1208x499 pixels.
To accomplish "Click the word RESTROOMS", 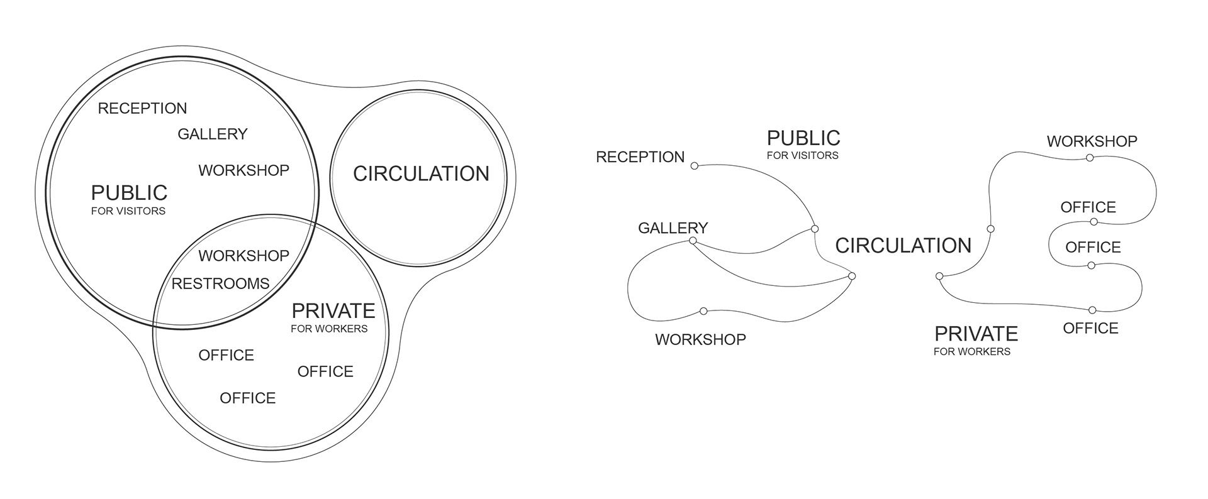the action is click(x=220, y=284).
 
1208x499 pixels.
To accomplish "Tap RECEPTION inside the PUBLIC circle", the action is click(x=142, y=109).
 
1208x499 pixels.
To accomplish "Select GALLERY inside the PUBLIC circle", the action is click(x=213, y=134).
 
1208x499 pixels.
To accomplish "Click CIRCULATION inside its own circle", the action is click(x=421, y=174).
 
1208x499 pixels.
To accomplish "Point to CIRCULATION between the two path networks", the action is click(x=903, y=246).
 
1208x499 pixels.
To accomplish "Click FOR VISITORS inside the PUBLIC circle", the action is click(x=128, y=211).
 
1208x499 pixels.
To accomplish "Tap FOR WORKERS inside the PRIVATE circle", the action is click(x=329, y=329).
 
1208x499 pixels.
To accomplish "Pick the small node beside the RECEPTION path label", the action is click(x=695, y=166).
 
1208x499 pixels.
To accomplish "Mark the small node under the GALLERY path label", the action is click(x=693, y=241).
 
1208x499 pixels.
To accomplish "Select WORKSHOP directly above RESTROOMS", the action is click(x=244, y=256).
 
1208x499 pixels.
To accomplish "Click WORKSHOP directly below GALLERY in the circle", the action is click(x=244, y=170).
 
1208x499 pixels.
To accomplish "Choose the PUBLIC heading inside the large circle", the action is click(x=129, y=192).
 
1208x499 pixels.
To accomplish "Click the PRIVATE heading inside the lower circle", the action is click(x=333, y=310).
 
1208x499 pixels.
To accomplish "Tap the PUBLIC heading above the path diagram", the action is click(x=803, y=138).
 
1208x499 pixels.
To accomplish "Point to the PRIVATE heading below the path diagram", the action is click(x=976, y=333).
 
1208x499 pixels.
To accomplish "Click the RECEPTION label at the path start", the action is click(x=640, y=157).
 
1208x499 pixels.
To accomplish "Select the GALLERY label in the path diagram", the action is click(x=673, y=228).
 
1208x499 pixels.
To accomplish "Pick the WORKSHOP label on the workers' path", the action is click(x=1092, y=141).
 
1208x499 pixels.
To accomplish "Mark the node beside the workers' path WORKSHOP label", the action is click(x=1090, y=158).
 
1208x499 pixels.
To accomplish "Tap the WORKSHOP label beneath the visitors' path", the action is click(x=700, y=339).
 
